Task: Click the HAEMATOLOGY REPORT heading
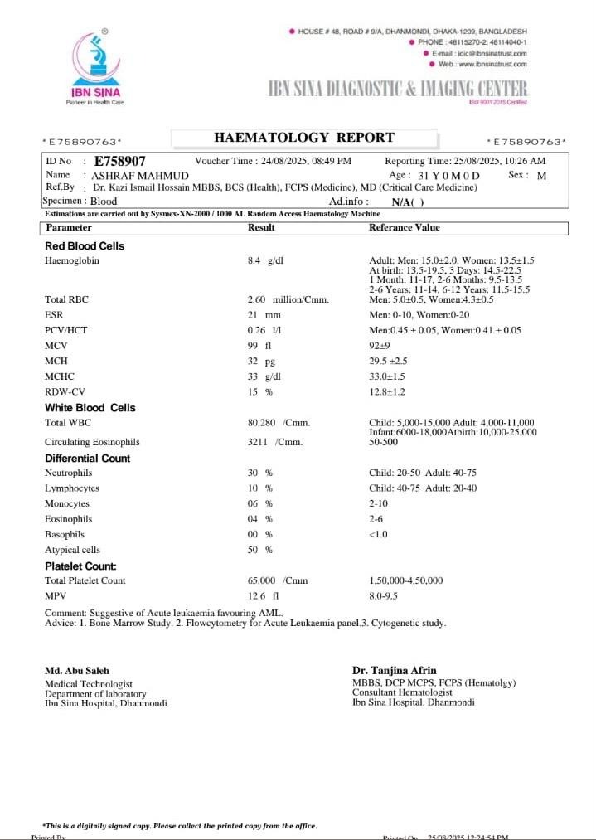click(x=304, y=138)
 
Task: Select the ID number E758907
click(x=120, y=161)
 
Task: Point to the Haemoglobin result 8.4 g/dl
click(x=265, y=260)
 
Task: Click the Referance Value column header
click(x=405, y=227)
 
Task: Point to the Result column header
click(x=261, y=227)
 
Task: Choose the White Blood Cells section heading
click(x=90, y=408)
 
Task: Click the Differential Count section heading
click(x=87, y=459)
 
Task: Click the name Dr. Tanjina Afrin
click(x=395, y=670)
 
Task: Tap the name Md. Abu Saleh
click(x=76, y=670)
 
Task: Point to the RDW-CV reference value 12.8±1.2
click(x=387, y=391)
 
